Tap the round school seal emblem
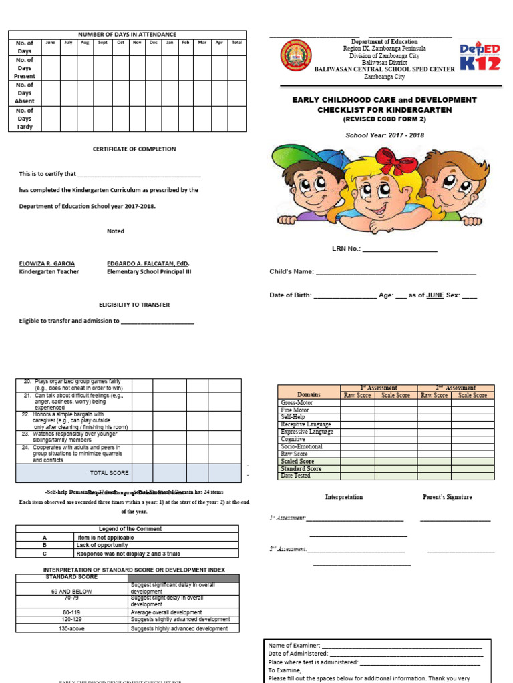[296, 56]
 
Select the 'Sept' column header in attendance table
[102, 43]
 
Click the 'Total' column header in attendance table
[237, 43]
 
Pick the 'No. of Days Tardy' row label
[25, 119]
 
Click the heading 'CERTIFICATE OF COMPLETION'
[134, 149]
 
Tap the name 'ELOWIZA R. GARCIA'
[47, 264]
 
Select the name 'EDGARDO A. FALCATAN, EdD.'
[148, 264]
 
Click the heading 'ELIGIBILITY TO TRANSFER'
[134, 305]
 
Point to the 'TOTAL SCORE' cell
[110, 472]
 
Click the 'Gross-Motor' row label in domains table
[297, 403]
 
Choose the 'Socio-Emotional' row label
[301, 446]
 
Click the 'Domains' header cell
[309, 395]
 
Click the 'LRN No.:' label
[346, 249]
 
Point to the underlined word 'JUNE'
[435, 295]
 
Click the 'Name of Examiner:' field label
[294, 646]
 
